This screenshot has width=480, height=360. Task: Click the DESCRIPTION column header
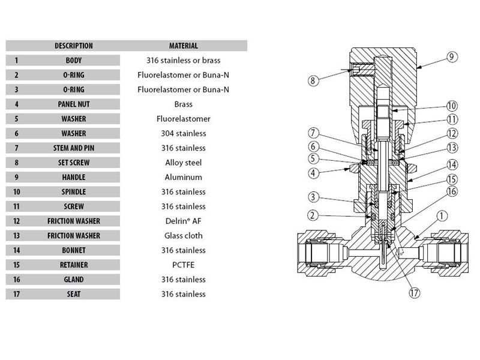(x=74, y=46)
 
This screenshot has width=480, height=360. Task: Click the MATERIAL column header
(x=183, y=46)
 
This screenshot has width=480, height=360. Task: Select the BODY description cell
(x=74, y=61)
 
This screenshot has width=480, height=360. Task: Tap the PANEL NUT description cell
(x=74, y=104)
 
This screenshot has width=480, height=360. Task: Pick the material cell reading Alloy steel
(x=183, y=163)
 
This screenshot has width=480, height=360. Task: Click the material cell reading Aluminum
(x=183, y=177)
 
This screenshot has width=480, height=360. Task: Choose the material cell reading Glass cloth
(x=183, y=236)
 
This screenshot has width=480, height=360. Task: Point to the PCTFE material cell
(x=183, y=265)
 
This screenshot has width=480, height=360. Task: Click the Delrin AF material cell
(x=183, y=221)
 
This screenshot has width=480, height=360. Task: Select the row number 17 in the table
(x=16, y=294)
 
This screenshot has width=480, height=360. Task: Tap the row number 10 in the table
(x=16, y=192)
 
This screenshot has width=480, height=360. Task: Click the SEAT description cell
(x=74, y=294)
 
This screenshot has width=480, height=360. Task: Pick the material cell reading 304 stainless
(x=183, y=133)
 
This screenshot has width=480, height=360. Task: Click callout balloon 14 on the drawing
(x=452, y=164)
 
